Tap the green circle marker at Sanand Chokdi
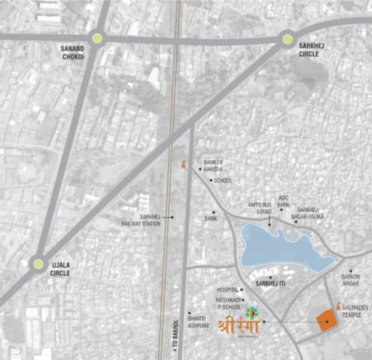(x=97, y=38)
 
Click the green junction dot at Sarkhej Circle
(x=288, y=40)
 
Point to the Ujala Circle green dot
(x=38, y=264)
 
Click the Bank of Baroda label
(x=213, y=165)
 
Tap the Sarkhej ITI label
(x=270, y=284)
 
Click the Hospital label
(x=228, y=290)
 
